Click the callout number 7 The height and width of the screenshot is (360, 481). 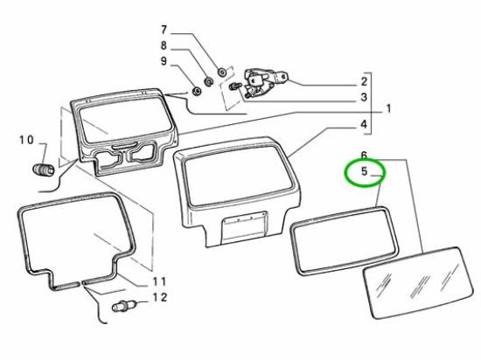tap(164, 30)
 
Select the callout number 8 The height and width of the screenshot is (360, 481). tap(164, 45)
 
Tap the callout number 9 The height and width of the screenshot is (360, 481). tap(164, 61)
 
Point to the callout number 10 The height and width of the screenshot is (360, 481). tap(27, 140)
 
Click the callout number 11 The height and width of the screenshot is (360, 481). tap(159, 281)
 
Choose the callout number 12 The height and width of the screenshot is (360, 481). tap(160, 297)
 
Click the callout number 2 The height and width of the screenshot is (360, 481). tap(364, 81)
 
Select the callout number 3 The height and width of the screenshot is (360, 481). tap(364, 97)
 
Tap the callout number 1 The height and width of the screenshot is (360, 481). tap(388, 108)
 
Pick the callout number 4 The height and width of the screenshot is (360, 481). tap(364, 124)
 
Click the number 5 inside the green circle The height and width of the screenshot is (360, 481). tap(364, 171)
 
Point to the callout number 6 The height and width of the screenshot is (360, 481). tap(364, 156)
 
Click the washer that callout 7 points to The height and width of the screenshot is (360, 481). tap(221, 72)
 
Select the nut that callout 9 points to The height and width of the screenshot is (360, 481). tap(195, 91)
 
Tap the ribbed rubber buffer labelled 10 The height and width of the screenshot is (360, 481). tap(44, 170)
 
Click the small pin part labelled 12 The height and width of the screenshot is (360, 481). tap(123, 306)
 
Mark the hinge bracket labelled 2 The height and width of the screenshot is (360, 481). tap(265, 82)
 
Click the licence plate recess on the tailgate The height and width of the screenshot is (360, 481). tap(244, 227)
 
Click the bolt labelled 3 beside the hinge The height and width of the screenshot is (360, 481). tap(235, 87)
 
